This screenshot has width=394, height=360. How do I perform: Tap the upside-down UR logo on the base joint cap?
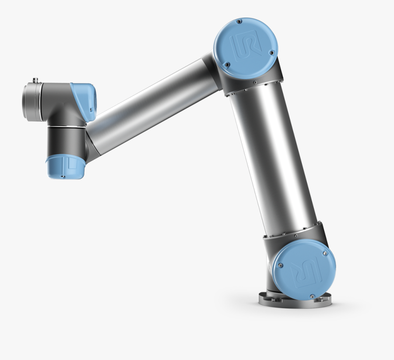(305, 268)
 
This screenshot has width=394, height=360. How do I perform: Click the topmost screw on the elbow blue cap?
(239, 21)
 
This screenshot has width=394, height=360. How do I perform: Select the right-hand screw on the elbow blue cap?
(271, 53)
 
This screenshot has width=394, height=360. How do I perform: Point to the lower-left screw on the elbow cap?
(227, 64)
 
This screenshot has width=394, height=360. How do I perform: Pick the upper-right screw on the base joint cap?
(324, 254)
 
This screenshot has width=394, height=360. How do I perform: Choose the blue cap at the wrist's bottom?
(65, 167)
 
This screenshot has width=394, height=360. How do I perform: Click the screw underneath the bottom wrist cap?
(62, 176)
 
